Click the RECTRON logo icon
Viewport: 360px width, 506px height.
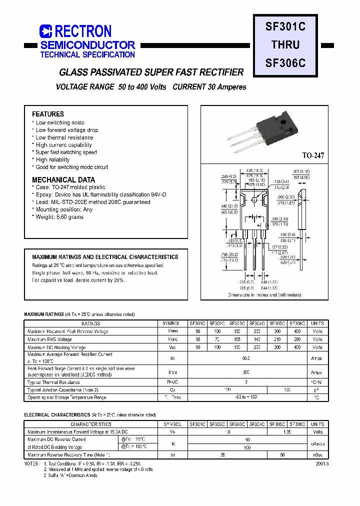pos(45,31)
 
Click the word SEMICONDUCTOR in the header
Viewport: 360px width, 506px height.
pos(87,45)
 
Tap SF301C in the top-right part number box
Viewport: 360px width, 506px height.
pos(285,26)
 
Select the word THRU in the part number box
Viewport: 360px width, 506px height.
pos(285,44)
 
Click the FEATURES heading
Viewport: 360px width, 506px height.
pos(48,114)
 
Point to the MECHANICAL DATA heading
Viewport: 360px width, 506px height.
pos(63,179)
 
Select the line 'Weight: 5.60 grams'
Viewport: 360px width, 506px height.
pos(59,217)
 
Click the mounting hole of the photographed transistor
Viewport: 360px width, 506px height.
pos(283,121)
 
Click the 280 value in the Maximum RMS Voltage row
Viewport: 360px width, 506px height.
pos(297,339)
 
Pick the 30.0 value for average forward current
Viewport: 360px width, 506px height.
pos(246,358)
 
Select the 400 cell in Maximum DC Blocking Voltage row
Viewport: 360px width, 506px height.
pos(297,347)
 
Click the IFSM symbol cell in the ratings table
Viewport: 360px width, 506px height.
pos(173,372)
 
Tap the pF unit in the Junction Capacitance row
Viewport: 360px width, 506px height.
pos(317,389)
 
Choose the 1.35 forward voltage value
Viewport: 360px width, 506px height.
pos(287,431)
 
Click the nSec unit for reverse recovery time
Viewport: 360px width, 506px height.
pos(317,455)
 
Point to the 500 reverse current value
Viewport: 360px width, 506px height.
pos(247,447)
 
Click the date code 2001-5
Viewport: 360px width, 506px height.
pos(322,463)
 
